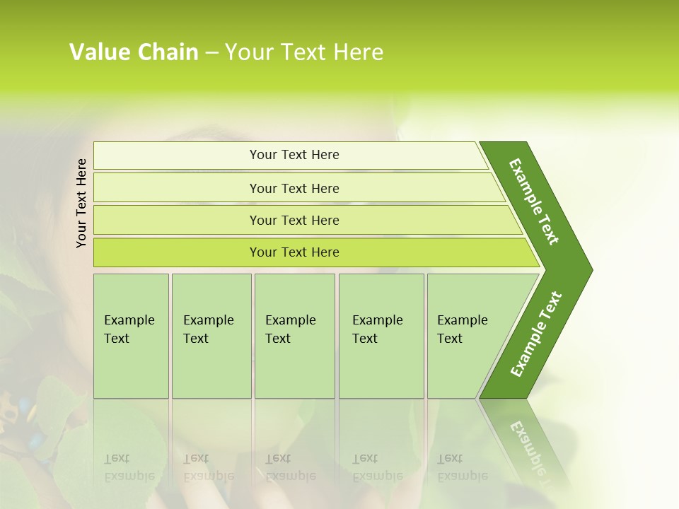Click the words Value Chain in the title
tap(134, 52)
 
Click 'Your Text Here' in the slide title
tap(304, 52)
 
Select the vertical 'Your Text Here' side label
tap(81, 203)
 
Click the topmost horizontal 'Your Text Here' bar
tap(294, 155)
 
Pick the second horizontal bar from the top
tap(294, 188)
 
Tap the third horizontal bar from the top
tap(294, 220)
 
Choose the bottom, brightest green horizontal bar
tap(294, 252)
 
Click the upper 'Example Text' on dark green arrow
tap(534, 201)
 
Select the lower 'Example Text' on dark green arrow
tap(536, 334)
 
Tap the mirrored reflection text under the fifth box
tap(463, 467)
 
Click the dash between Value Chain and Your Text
tap(211, 53)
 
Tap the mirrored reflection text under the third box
tap(290, 467)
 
